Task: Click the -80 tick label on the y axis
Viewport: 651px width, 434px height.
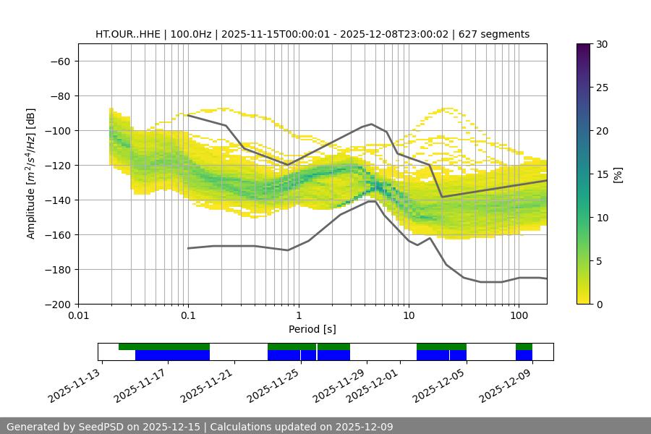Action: pos(59,95)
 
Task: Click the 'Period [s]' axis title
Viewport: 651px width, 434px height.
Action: pos(312,329)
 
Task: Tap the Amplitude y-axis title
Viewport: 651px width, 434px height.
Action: pos(31,174)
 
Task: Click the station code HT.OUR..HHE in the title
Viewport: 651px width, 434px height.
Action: pos(128,34)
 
